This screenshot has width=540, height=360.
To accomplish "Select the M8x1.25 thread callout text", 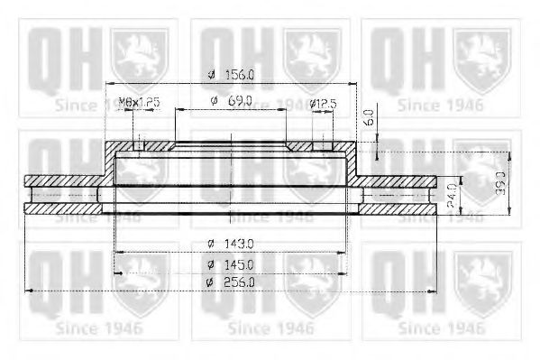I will (139, 103).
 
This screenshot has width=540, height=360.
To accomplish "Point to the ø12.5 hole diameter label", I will (323, 103).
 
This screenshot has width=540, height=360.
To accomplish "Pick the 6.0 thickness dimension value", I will (368, 116).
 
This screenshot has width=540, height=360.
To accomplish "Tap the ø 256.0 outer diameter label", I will (231, 282).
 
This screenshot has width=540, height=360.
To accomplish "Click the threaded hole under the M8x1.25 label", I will (139, 145).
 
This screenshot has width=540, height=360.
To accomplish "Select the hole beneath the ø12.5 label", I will (321, 145).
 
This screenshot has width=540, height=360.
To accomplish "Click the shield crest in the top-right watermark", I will (480, 51).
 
